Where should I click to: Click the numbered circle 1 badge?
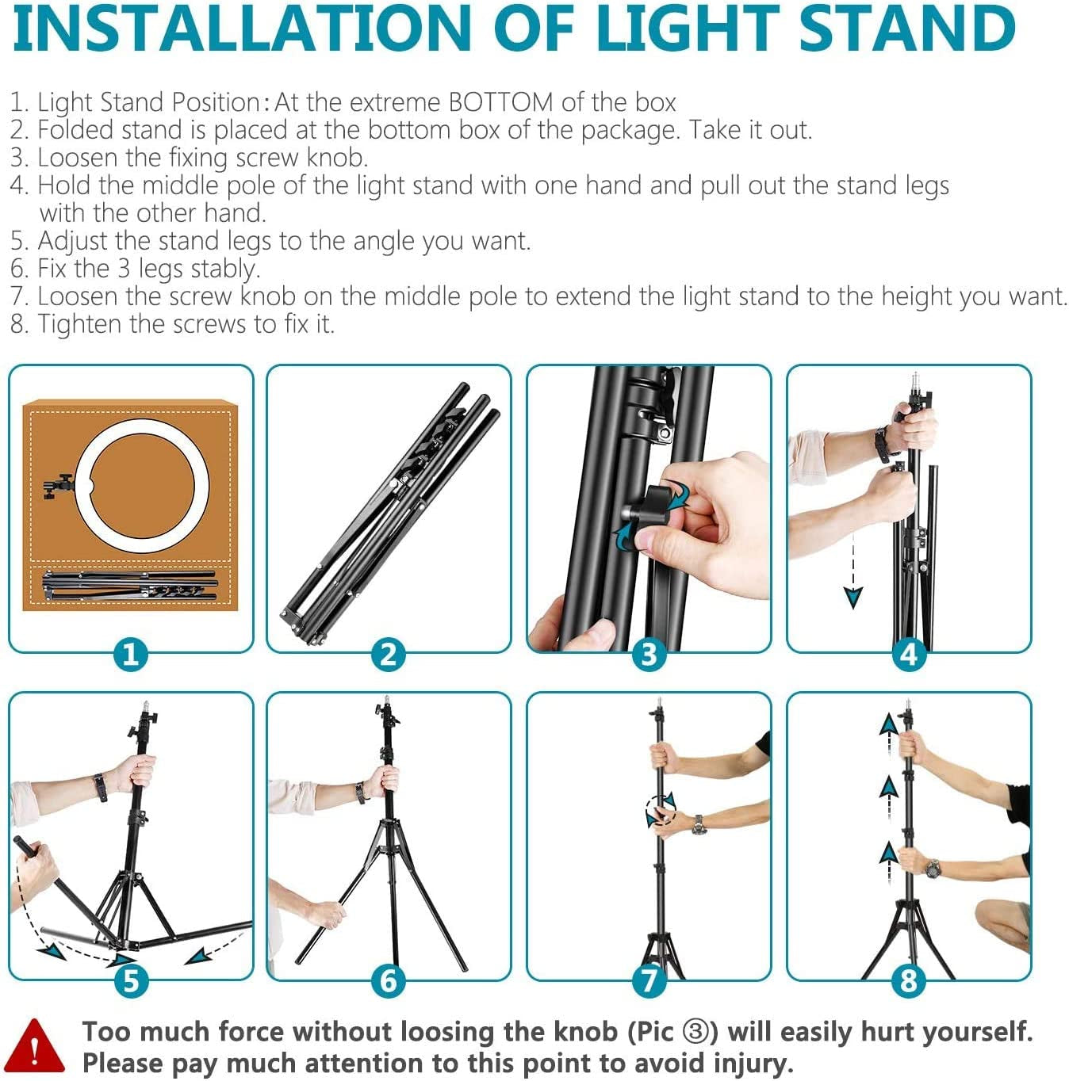[x=131, y=655]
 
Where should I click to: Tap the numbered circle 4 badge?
[x=909, y=655]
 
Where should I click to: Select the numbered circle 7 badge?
[x=649, y=980]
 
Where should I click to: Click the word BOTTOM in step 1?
[x=500, y=102]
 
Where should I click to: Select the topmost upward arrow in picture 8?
[x=889, y=725]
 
